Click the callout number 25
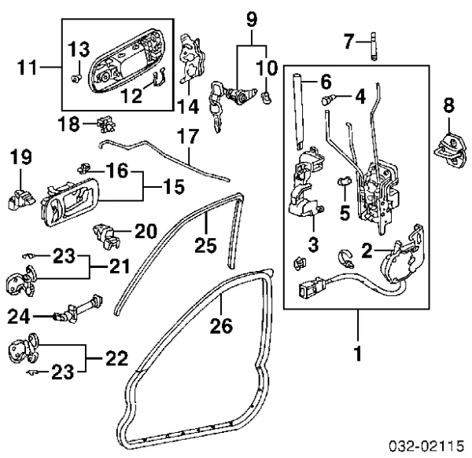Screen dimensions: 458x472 pyautogui.click(x=205, y=245)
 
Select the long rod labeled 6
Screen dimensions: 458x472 pyautogui.click(x=299, y=110)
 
